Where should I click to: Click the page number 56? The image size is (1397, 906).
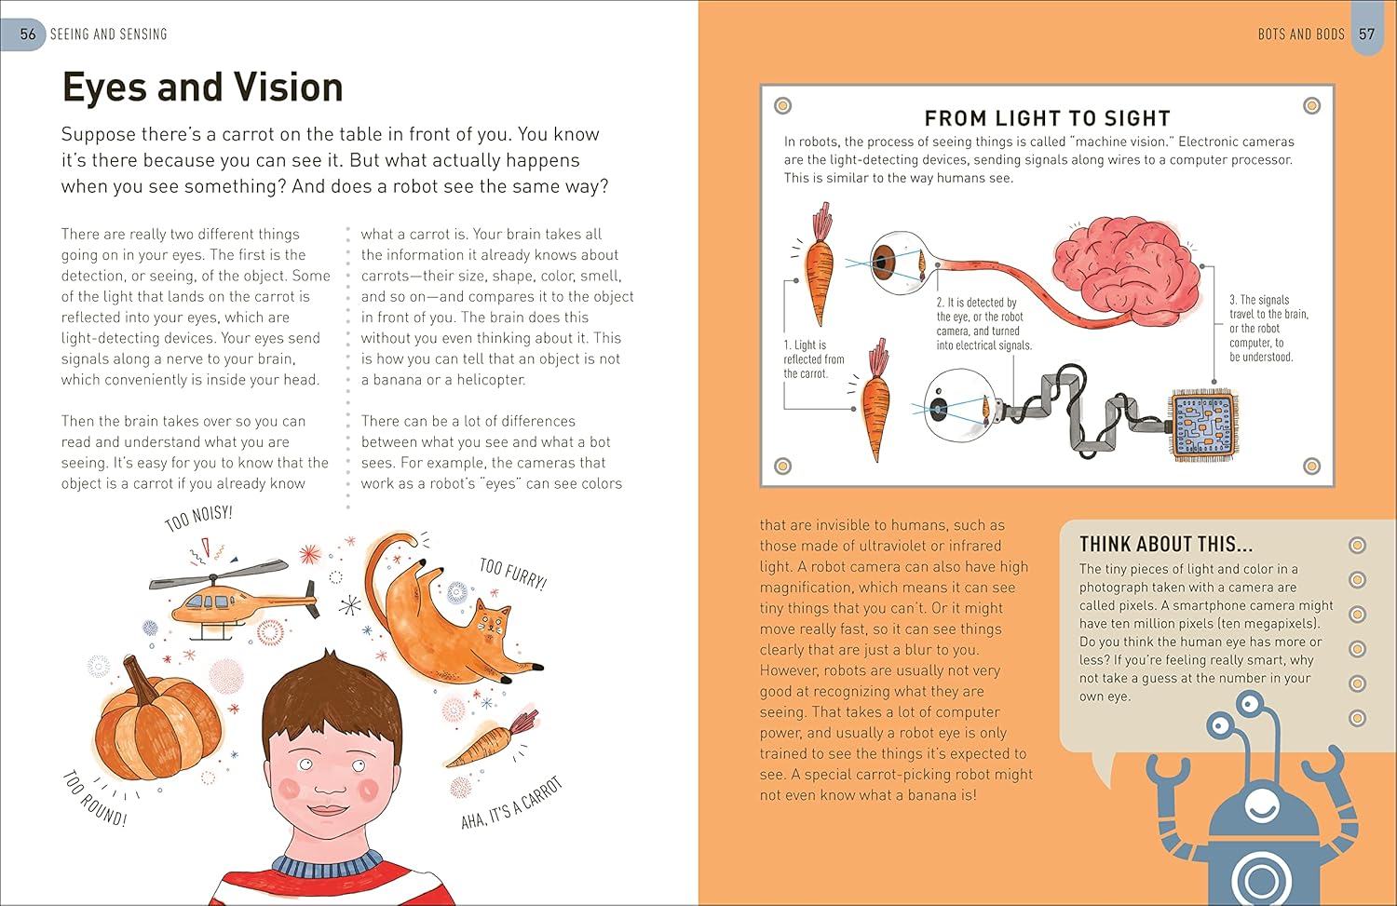coord(28,34)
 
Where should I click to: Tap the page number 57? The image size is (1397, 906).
coord(1366,34)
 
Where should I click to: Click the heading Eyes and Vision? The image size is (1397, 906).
coord(203,87)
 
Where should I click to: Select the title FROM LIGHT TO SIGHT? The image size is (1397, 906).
coord(1047,118)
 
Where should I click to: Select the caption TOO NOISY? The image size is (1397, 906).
coord(198,518)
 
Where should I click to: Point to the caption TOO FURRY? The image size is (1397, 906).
coord(512,574)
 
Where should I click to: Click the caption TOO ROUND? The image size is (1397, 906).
coord(95,799)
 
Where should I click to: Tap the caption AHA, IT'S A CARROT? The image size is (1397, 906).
coord(511,804)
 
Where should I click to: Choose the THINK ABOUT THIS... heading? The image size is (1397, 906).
coord(1166,545)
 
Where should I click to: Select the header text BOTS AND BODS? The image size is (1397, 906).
coord(1301,34)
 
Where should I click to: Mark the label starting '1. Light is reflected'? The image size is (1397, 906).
coord(814,359)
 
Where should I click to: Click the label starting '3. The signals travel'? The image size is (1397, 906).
coord(1269,328)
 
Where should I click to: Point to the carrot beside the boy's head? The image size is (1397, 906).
coord(492,741)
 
